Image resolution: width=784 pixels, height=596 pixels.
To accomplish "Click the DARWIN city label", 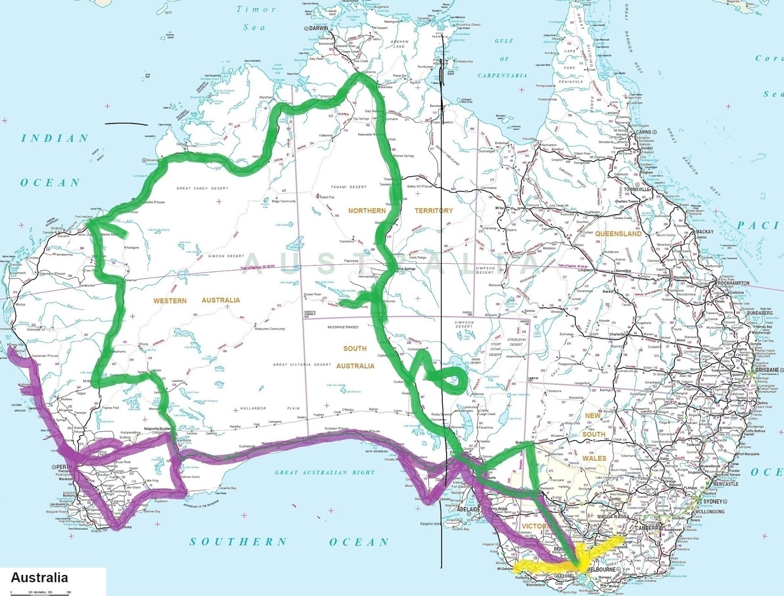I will click(318, 28).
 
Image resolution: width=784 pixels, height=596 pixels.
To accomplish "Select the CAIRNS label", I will click(643, 132).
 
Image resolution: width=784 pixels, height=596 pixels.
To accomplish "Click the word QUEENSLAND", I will click(618, 234).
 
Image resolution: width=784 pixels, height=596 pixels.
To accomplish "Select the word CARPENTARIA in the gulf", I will click(502, 75).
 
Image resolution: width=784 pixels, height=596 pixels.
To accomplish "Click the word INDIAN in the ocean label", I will click(54, 138).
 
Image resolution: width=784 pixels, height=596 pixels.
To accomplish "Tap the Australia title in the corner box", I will click(39, 577).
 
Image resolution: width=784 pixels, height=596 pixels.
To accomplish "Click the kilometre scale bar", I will click(39, 593).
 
